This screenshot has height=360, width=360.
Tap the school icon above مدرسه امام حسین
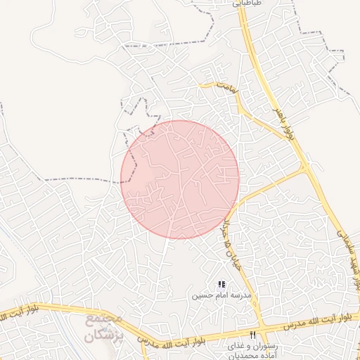pyautogui.click(x=221, y=285)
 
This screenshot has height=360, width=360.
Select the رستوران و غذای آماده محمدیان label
pyautogui.click(x=253, y=352)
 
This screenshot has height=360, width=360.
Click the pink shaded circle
pyautogui.click(x=180, y=179)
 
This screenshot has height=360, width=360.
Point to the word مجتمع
pyautogui.click(x=106, y=320)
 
